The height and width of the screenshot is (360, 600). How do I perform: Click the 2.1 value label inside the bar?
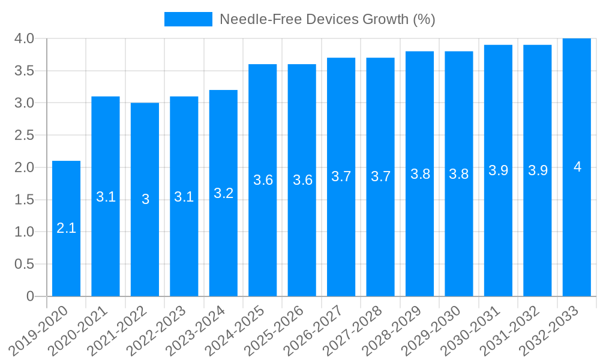pyautogui.click(x=66, y=228)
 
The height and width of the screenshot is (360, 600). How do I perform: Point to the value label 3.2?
pyautogui.click(x=223, y=193)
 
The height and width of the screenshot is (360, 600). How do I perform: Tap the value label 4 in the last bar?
pyautogui.click(x=577, y=167)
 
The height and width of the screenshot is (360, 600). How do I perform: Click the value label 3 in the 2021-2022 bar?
pyautogui.click(x=145, y=199)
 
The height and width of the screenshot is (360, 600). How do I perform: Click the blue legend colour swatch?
pyautogui.click(x=188, y=19)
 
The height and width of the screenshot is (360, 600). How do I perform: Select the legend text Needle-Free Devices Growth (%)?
pyautogui.click(x=327, y=19)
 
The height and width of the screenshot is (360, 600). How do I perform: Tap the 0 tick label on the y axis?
pyautogui.click(x=31, y=296)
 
